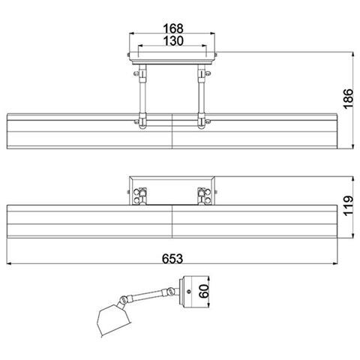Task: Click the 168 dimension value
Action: (173, 28)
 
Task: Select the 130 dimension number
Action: (173, 40)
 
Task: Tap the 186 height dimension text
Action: (348, 99)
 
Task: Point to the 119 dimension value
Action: (348, 206)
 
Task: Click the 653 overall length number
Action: (172, 259)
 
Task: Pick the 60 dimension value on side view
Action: (204, 291)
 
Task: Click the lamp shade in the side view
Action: (113, 319)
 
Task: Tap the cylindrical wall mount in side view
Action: (193, 292)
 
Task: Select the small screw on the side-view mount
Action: (189, 291)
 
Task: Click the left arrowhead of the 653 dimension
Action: (9, 263)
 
